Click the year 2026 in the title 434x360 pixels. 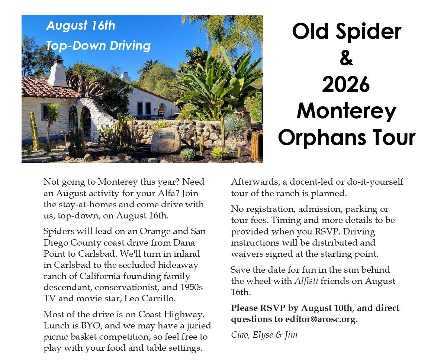346,84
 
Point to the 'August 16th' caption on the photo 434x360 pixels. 81,25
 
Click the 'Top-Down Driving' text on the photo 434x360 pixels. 98,46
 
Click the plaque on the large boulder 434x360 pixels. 167,136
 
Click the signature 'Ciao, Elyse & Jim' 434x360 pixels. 264,335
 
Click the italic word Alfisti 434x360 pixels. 306,281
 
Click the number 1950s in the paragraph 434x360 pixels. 192,287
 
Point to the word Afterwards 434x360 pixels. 255,182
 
